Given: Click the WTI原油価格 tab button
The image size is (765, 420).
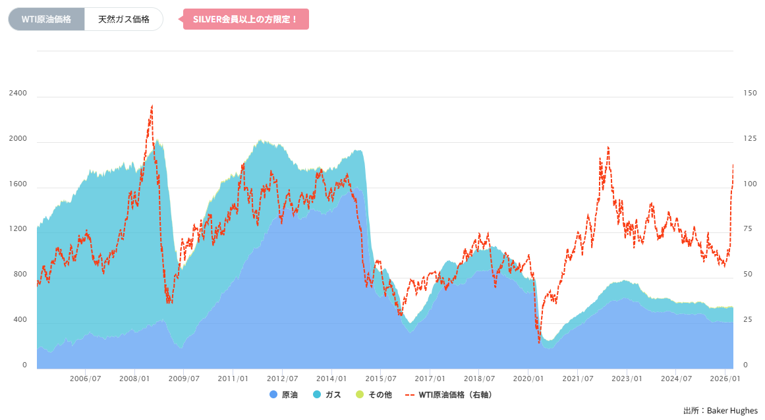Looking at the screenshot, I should pyautogui.click(x=46, y=19).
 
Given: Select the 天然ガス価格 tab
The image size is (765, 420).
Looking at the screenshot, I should pyautogui.click(x=124, y=19).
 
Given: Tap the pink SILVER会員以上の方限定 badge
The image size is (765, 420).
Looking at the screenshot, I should pyautogui.click(x=246, y=19).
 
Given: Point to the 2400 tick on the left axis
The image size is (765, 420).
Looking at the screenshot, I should pyautogui.click(x=18, y=93).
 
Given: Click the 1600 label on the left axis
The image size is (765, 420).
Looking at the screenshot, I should pyautogui.click(x=18, y=184).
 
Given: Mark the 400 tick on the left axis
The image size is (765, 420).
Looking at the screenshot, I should pyautogui.click(x=20, y=319).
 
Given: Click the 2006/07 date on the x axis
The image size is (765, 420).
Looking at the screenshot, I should pyautogui.click(x=86, y=379).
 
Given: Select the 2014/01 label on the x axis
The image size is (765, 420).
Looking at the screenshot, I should pyautogui.click(x=332, y=379).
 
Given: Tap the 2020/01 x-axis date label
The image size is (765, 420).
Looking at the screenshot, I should pyautogui.click(x=528, y=379).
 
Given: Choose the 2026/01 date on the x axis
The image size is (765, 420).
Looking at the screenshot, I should pyautogui.click(x=725, y=379).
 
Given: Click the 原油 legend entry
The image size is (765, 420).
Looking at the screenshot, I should pyautogui.click(x=284, y=395).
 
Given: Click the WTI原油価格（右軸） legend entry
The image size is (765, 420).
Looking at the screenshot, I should pyautogui.click(x=449, y=395).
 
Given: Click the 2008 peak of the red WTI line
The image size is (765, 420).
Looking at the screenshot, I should pyautogui.click(x=152, y=105).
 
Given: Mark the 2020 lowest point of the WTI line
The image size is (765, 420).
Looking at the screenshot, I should pyautogui.click(x=539, y=342).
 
